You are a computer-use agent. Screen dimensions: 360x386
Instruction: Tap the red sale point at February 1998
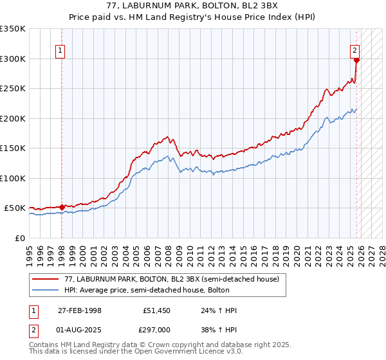coord(62,207)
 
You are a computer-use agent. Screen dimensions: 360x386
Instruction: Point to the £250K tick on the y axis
coord(13,89)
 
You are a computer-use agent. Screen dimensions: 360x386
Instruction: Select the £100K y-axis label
coord(13,178)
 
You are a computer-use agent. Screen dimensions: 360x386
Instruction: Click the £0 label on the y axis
coord(19,238)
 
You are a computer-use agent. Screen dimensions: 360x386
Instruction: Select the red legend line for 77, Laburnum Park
coord(46,279)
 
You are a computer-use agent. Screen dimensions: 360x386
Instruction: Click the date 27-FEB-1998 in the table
coord(75,310)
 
